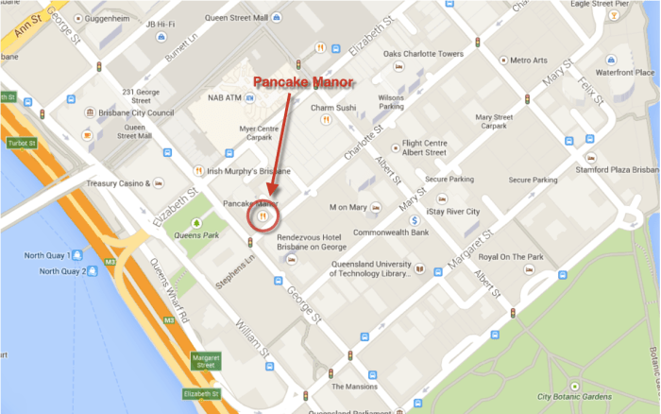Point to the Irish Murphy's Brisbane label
pyautogui.click(x=247, y=170)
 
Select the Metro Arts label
pyautogui.click(x=528, y=60)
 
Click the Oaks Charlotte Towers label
pyautogui.click(x=424, y=54)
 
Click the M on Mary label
pyautogui.click(x=346, y=206)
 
